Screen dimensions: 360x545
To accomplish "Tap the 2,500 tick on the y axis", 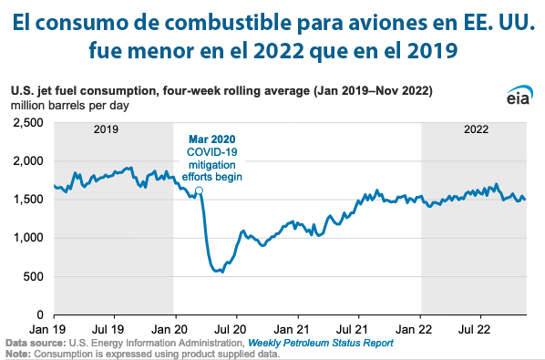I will [28, 122].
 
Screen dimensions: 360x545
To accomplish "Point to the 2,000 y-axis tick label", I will [28, 161].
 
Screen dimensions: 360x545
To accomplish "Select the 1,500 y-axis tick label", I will [28, 200].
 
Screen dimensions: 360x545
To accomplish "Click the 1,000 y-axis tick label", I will [28, 238].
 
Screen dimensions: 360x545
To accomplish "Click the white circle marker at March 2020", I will [199, 190].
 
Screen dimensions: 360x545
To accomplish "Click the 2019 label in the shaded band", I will [108, 130].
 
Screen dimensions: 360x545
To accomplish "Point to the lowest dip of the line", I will [218, 272].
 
